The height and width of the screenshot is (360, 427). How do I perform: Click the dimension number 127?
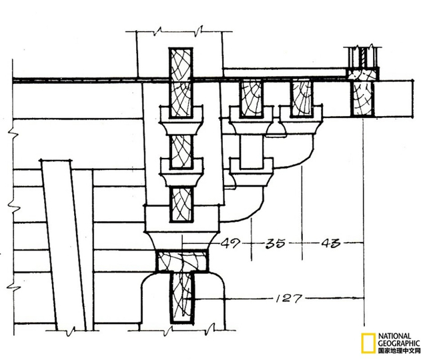[289, 299]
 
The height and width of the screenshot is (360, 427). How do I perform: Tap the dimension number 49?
[231, 243]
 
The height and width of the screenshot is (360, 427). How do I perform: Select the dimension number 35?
[276, 243]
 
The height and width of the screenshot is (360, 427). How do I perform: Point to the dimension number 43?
[331, 243]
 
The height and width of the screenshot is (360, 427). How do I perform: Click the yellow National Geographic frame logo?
[368, 343]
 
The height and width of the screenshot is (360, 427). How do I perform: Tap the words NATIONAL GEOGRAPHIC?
[399, 339]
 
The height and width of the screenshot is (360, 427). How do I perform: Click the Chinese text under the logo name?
[399, 351]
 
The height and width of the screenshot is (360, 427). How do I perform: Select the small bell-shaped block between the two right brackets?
[276, 128]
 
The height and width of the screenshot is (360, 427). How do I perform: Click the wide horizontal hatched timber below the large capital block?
[181, 261]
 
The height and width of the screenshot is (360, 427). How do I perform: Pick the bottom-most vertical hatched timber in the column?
[182, 298]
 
